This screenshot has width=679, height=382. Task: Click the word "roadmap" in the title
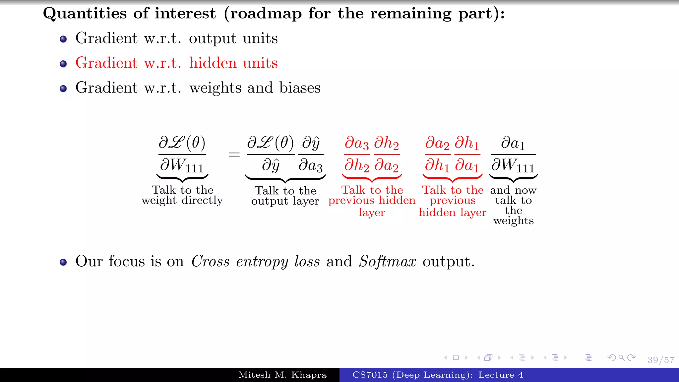pos(266,14)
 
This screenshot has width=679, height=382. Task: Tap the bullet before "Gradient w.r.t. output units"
pos(63,39)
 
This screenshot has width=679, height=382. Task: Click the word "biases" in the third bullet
pos(300,88)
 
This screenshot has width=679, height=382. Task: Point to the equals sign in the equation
pos(234,154)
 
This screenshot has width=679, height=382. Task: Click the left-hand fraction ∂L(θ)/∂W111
pos(182,154)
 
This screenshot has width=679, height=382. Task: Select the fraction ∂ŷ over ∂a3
pos(311,154)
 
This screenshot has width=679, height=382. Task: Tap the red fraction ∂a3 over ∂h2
pos(357,154)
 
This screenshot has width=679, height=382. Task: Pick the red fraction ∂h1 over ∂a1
pos(467,154)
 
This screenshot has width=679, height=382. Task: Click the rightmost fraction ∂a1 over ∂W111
pos(513,154)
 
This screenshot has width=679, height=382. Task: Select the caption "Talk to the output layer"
pos(285,196)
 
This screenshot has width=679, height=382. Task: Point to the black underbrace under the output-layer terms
pos(285,179)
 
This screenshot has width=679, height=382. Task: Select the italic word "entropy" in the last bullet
pos(262,262)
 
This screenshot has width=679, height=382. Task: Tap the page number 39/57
pos(661,360)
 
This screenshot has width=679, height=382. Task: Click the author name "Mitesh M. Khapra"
pos(282,375)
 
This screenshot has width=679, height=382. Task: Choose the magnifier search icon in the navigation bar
pos(622,357)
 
